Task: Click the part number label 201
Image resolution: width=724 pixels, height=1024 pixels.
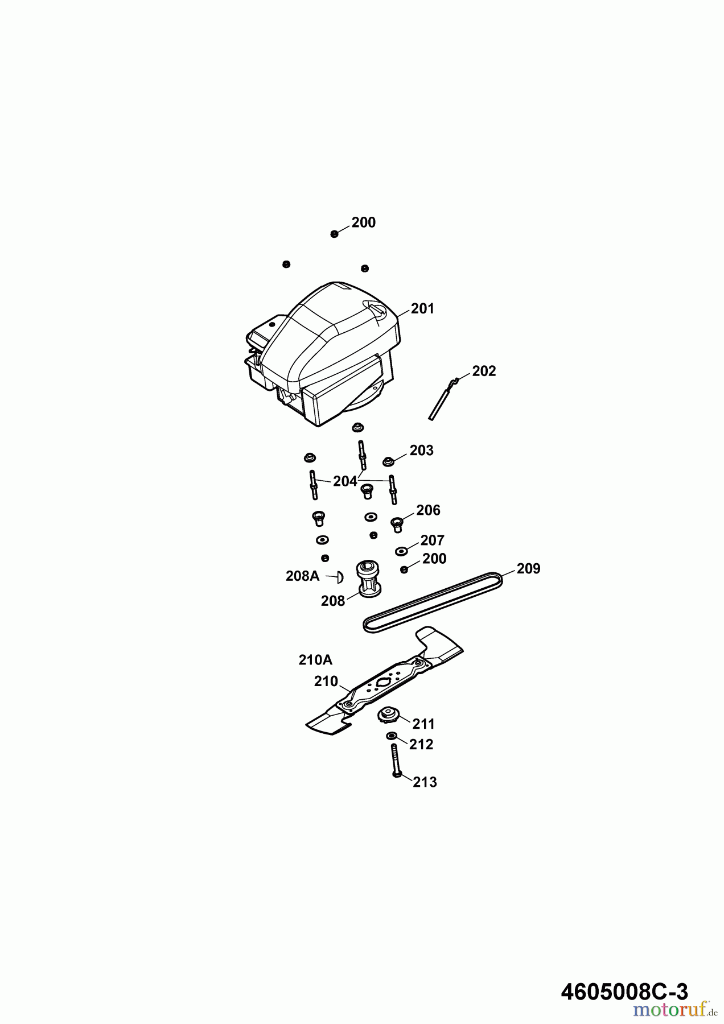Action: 422,309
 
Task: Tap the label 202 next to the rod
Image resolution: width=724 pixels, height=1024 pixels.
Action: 484,371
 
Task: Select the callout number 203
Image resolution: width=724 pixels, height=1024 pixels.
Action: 422,451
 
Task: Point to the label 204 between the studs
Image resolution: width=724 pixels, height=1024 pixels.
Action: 345,481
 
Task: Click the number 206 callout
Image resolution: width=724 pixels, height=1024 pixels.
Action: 429,510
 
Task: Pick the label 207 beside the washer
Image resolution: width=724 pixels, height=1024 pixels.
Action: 433,540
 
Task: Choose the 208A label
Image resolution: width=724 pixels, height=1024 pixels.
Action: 303,576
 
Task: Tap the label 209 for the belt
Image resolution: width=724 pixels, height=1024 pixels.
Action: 529,569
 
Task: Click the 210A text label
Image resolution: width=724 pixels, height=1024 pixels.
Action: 315,660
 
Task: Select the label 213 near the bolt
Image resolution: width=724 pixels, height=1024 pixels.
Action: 425,782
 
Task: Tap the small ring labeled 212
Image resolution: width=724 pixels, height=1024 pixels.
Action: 392,737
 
